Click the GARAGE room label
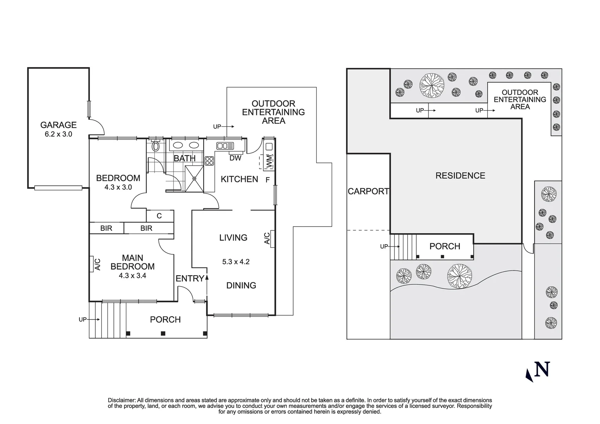pyautogui.click(x=58, y=125)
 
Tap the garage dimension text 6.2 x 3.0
pyautogui.click(x=58, y=134)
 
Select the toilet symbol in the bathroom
pyautogui.click(x=155, y=147)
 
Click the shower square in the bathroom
pyautogui.click(x=195, y=179)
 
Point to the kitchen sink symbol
pyautogui.click(x=225, y=146)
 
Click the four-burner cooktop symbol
pyautogui.click(x=209, y=161)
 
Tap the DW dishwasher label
pyautogui.click(x=235, y=158)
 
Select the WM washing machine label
pyautogui.click(x=269, y=161)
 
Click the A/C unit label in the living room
pyautogui.click(x=267, y=238)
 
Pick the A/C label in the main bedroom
pyautogui.click(x=98, y=264)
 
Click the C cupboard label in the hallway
pyautogui.click(x=159, y=216)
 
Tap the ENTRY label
pyautogui.click(x=190, y=279)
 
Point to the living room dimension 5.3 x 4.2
pyautogui.click(x=236, y=262)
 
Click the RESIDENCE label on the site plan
pyautogui.click(x=460, y=175)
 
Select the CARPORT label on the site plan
pyautogui.click(x=368, y=192)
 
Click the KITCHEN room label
pyautogui.click(x=239, y=179)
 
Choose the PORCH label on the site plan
pyautogui.click(x=445, y=247)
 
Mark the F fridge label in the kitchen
pyautogui.click(x=268, y=181)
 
